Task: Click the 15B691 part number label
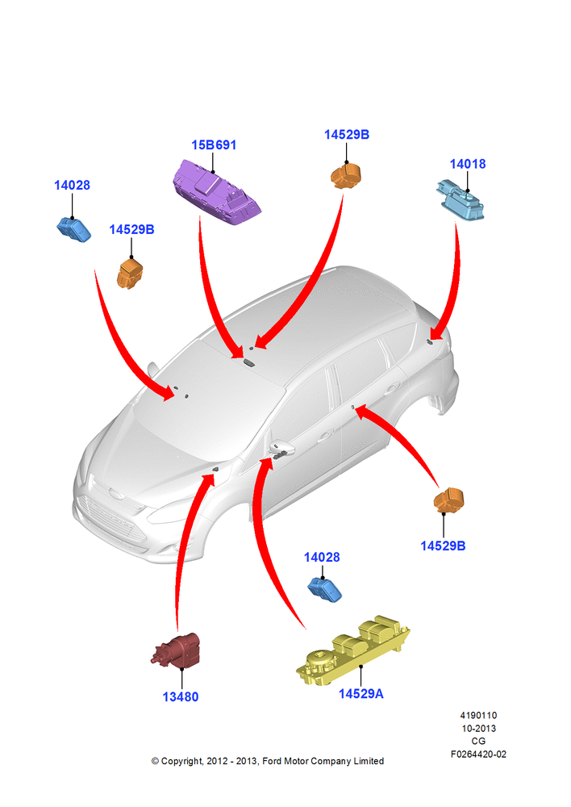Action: point(214,145)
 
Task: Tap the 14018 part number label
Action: point(468,164)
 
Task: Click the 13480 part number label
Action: point(181,697)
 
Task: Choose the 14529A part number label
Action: point(361,694)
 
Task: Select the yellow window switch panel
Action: point(353,650)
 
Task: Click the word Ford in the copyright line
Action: point(272,761)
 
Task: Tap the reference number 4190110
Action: point(478,715)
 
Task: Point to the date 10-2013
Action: point(478,728)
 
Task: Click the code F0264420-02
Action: point(478,754)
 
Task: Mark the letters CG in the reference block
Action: point(478,741)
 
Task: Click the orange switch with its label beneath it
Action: point(448,500)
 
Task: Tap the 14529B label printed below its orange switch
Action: point(443,546)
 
